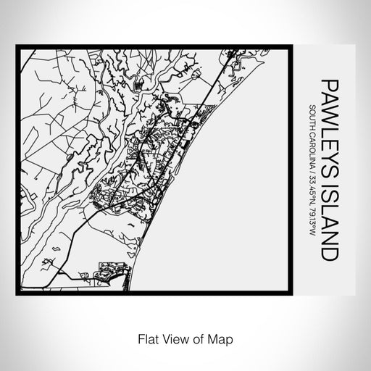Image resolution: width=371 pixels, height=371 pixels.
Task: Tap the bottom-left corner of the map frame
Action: point(17,294)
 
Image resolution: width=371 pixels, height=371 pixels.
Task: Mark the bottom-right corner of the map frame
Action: point(292,294)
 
